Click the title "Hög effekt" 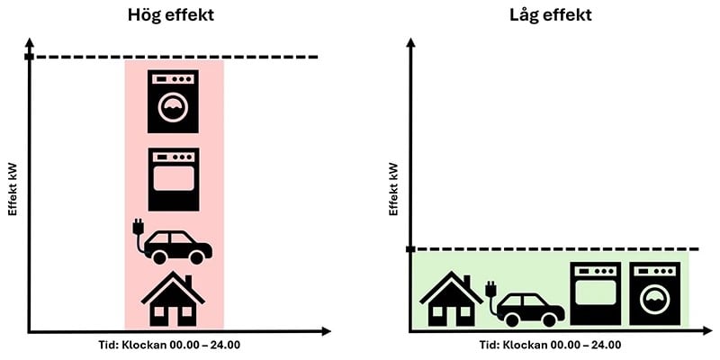[x=171, y=15]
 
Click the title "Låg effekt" [x=551, y=15]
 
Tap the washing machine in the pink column [x=173, y=102]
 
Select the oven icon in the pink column [x=174, y=179]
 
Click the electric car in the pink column [x=172, y=242]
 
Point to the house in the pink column [x=173, y=299]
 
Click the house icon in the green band [x=452, y=299]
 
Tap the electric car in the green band [x=526, y=304]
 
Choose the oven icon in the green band [x=596, y=294]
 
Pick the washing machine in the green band [x=655, y=294]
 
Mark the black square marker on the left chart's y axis [x=30, y=57]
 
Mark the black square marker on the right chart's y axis [x=410, y=249]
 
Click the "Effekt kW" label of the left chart [x=13, y=189]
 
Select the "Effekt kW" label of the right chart [x=393, y=189]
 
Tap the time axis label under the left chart [x=169, y=345]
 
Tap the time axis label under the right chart [x=551, y=345]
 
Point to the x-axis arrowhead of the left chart [x=326, y=331]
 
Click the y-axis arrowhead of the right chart [x=410, y=42]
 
